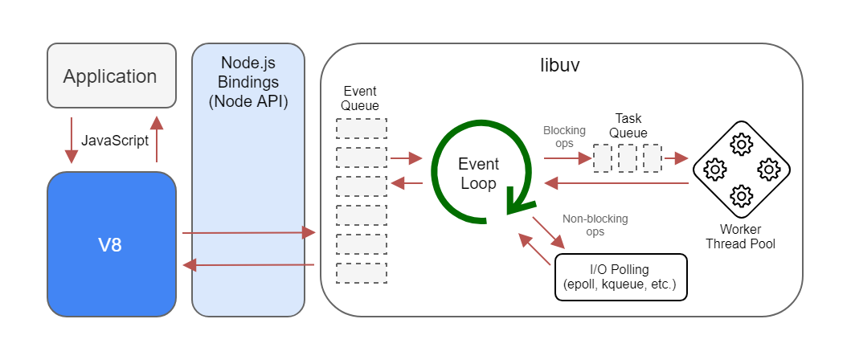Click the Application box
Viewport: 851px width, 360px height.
111,76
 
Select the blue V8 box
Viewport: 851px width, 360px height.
111,244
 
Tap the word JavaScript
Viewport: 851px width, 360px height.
115,140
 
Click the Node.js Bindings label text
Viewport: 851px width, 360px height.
248,82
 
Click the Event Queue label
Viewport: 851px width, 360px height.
360,97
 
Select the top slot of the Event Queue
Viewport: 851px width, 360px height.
361,129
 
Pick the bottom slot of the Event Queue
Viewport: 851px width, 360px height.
361,273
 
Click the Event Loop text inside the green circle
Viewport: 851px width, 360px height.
478,174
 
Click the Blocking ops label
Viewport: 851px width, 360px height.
564,136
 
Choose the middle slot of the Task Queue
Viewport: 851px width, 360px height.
628,158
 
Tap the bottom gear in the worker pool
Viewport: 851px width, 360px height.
741,195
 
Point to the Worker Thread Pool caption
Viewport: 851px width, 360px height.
740,236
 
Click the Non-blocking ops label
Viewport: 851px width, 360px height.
595,224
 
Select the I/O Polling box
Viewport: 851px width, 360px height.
620,276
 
